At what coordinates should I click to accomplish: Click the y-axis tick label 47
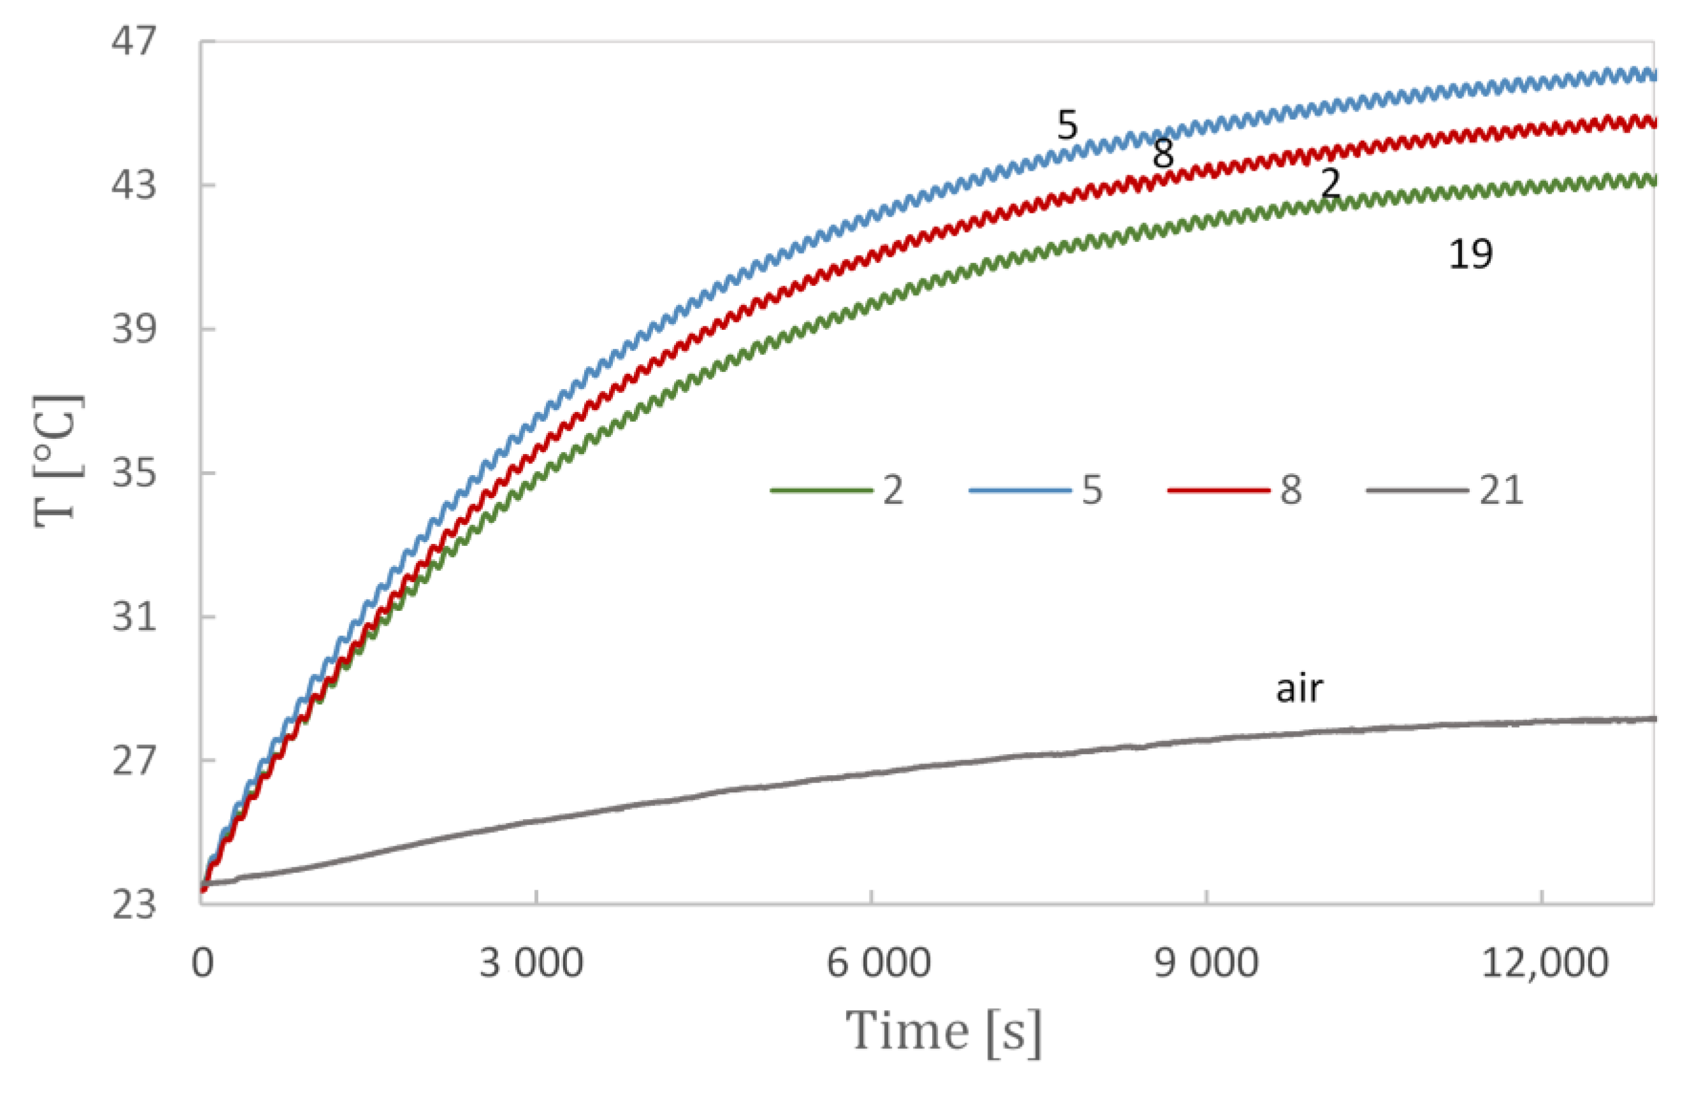(133, 41)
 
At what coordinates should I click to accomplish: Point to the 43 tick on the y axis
(133, 185)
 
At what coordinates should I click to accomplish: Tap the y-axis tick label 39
(133, 329)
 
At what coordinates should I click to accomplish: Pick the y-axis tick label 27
(133, 760)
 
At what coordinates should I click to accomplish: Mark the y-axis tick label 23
(133, 905)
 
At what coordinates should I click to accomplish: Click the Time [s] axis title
(943, 1031)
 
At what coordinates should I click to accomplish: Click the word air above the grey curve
(1299, 689)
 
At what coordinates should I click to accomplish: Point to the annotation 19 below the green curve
(1470, 254)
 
